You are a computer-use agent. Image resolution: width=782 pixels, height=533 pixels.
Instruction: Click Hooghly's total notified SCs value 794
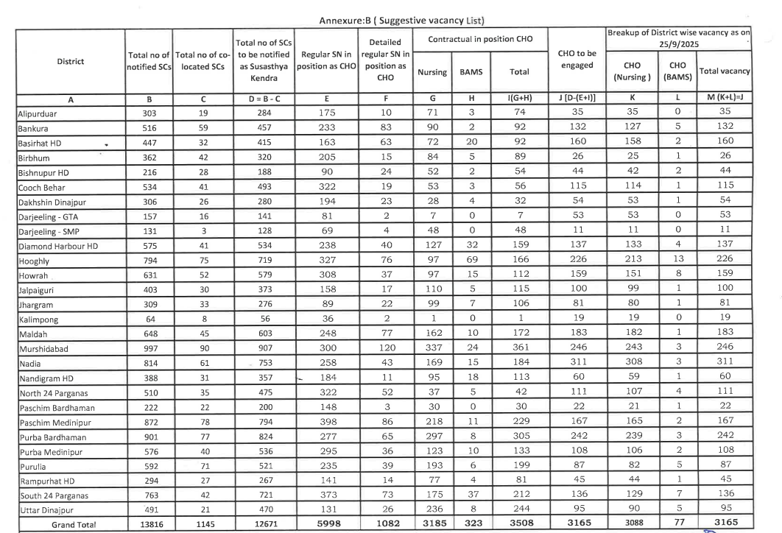pyautogui.click(x=149, y=264)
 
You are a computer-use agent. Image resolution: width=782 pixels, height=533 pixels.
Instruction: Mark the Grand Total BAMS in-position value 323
pyautogui.click(x=465, y=525)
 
